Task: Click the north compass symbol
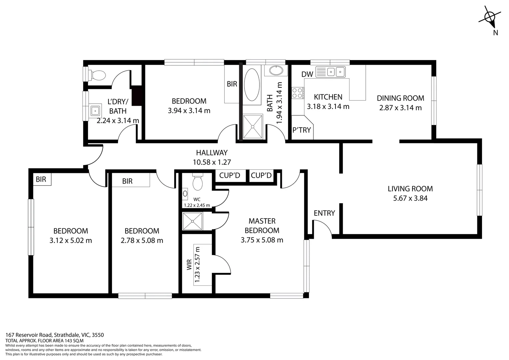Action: (x=490, y=18)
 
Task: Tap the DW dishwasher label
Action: (x=307, y=74)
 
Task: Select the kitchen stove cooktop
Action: (x=298, y=93)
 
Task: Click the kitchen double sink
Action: (x=335, y=71)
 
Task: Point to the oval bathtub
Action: (x=252, y=85)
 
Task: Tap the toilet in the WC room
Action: (x=198, y=182)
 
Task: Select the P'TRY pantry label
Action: (x=301, y=130)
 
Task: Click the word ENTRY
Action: (x=324, y=213)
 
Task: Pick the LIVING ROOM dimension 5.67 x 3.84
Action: (x=410, y=198)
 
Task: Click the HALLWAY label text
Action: (x=212, y=153)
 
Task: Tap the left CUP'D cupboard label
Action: (x=230, y=176)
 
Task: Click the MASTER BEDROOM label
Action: (x=262, y=226)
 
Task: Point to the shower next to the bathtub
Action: (x=253, y=126)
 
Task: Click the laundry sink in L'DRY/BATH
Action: (x=95, y=110)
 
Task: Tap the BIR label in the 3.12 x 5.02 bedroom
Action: (x=41, y=180)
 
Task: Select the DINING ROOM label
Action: (x=400, y=98)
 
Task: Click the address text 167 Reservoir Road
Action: (x=29, y=335)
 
